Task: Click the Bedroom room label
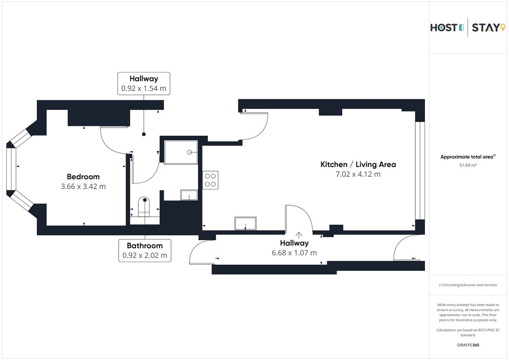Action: (83, 176)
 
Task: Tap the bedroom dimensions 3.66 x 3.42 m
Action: (83, 187)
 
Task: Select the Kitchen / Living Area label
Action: (358, 165)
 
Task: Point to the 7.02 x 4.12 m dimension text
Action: (358, 174)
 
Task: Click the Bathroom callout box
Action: (145, 251)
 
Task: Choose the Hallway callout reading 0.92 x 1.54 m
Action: (144, 84)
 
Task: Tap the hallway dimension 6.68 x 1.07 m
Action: (294, 253)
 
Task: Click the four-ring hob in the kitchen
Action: (210, 180)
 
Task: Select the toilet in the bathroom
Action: (144, 207)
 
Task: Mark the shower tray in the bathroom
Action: (181, 152)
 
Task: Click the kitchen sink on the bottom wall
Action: (246, 223)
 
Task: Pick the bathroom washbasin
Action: (189, 195)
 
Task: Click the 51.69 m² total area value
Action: (468, 165)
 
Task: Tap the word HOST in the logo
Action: (444, 28)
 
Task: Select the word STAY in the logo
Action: (486, 28)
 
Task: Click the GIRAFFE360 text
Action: (468, 345)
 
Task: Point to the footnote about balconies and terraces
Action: (468, 285)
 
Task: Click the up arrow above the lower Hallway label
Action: (299, 235)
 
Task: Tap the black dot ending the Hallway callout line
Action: (144, 134)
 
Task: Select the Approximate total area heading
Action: (468, 157)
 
